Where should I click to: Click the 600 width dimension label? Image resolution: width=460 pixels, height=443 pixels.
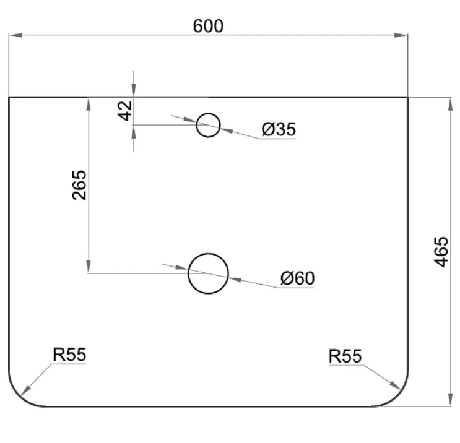tap(208, 26)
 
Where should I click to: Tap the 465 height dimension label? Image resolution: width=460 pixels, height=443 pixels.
tap(441, 252)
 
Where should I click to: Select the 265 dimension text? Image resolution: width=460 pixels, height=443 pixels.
tap(79, 185)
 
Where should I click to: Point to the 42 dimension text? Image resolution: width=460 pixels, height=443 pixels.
tap(125, 111)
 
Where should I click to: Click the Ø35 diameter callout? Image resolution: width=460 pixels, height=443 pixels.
tap(279, 129)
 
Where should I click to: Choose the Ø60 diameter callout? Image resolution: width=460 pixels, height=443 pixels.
tap(297, 278)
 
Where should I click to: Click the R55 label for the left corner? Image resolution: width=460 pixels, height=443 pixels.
tap(69, 355)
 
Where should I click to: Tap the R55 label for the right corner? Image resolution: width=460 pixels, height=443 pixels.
tap(345, 356)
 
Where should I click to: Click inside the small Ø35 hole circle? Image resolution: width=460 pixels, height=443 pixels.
tap(208, 125)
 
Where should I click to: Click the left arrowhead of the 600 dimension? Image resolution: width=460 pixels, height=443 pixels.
tap(15, 35)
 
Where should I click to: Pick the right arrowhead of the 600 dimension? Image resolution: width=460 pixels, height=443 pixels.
tap(401, 35)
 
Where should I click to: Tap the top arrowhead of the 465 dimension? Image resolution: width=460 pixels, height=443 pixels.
tap(451, 105)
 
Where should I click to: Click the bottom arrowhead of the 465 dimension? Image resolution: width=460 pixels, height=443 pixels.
tap(451, 399)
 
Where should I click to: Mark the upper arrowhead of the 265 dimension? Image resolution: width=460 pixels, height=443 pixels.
tap(89, 105)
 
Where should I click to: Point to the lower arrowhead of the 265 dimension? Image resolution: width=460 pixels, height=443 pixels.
tap(89, 266)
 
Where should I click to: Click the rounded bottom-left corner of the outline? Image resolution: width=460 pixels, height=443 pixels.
tap(20, 395)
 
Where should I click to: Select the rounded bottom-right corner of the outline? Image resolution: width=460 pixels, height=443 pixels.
tap(397, 395)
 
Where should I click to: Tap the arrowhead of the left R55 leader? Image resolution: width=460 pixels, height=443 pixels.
tap(25, 391)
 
